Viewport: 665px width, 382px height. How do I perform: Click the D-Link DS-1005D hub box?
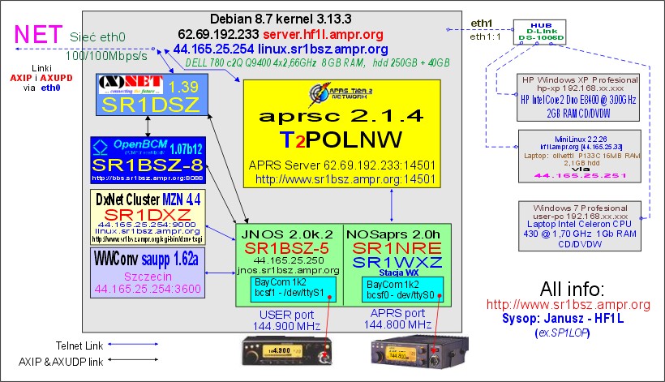click(537, 31)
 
